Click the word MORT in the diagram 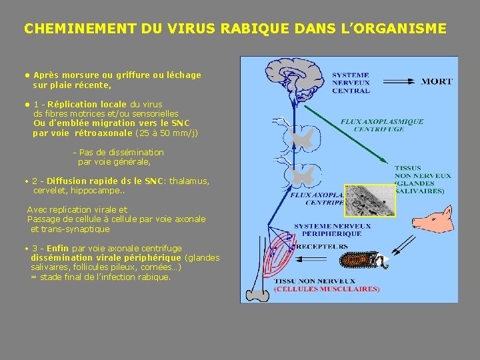point(437,81)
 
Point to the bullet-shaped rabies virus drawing point(363,261)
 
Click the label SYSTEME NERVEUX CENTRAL point(351,83)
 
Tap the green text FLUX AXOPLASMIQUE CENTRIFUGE point(382,125)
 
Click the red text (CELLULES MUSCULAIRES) point(327,289)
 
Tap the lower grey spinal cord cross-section point(302,175)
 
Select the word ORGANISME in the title point(407,29)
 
